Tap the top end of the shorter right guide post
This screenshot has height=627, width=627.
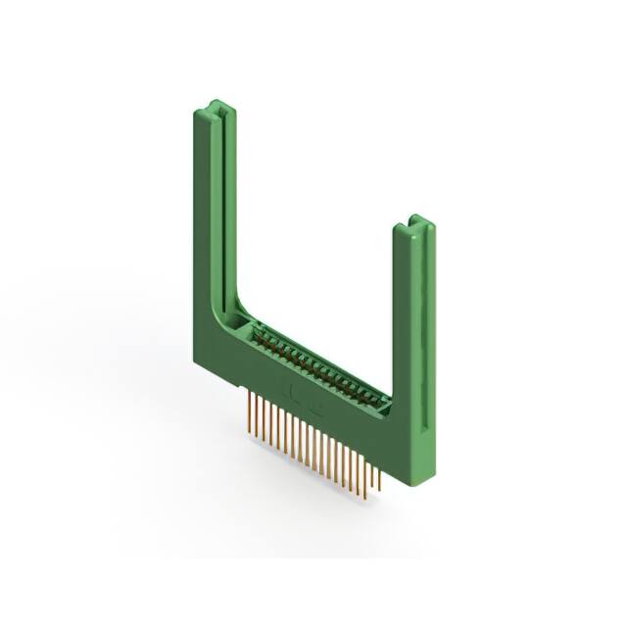pyautogui.click(x=416, y=223)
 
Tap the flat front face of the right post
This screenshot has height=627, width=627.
pyautogui.click(x=406, y=323)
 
